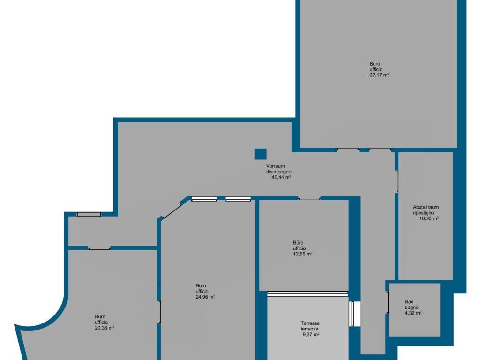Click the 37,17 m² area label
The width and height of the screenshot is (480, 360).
(x=379, y=75)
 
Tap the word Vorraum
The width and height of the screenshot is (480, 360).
(x=276, y=166)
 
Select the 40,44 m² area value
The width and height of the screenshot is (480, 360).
(x=281, y=177)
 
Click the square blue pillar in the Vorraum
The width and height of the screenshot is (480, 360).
(x=260, y=154)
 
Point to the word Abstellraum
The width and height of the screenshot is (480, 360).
(x=426, y=207)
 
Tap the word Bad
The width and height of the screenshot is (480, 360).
(x=409, y=302)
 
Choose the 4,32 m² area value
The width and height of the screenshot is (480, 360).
(x=413, y=313)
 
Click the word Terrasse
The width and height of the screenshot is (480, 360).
(x=310, y=323)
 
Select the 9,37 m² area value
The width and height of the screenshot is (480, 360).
(x=311, y=334)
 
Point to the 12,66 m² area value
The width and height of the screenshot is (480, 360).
(x=302, y=254)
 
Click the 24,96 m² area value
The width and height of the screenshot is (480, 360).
(x=205, y=297)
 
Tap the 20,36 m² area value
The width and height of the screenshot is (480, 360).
(x=105, y=328)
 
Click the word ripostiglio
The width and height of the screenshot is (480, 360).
(x=423, y=213)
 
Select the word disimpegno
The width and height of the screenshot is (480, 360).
(x=278, y=172)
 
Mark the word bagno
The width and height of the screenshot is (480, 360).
(x=412, y=307)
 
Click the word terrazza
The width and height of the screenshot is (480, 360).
(x=309, y=329)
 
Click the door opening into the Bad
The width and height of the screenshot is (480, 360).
(x=388, y=302)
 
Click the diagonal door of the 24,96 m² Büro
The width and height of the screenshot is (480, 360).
(x=172, y=210)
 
